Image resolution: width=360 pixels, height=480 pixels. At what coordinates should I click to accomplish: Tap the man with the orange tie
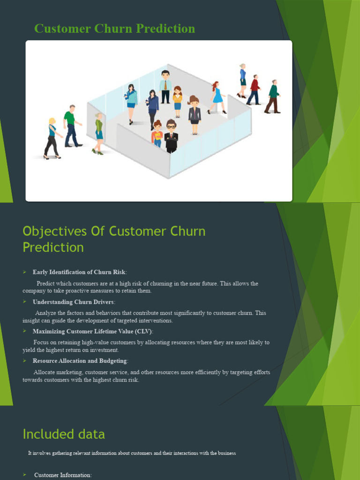(x=165, y=87)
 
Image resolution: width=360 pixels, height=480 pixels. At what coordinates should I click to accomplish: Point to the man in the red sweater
(x=254, y=90)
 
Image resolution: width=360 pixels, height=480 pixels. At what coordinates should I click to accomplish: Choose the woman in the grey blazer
(x=194, y=115)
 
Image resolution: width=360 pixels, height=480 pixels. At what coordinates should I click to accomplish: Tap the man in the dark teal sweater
(x=273, y=96)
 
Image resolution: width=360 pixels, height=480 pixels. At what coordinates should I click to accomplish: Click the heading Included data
(x=64, y=434)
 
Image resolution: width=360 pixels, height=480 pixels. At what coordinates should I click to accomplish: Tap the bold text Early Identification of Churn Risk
(x=79, y=272)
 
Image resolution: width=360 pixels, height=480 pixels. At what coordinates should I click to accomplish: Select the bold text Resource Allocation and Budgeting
(x=80, y=361)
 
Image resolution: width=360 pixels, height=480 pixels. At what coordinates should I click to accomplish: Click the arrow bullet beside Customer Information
(x=25, y=475)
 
